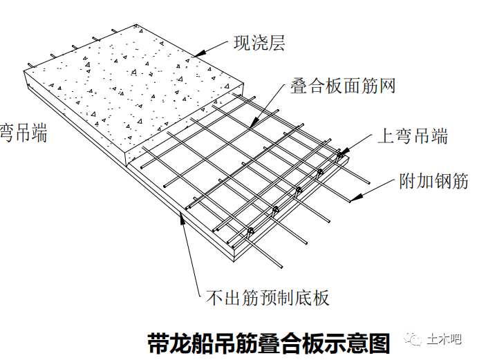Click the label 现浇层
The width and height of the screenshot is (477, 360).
[259, 44]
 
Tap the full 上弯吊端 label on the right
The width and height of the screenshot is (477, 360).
[412, 135]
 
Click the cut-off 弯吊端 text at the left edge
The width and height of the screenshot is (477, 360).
[23, 133]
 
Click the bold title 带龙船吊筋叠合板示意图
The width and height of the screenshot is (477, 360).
[268, 343]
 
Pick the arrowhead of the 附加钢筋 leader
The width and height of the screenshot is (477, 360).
[352, 200]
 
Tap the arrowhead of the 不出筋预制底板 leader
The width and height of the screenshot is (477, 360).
[182, 218]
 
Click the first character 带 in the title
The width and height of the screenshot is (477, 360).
[158, 343]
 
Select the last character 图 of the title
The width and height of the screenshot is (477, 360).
[379, 343]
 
